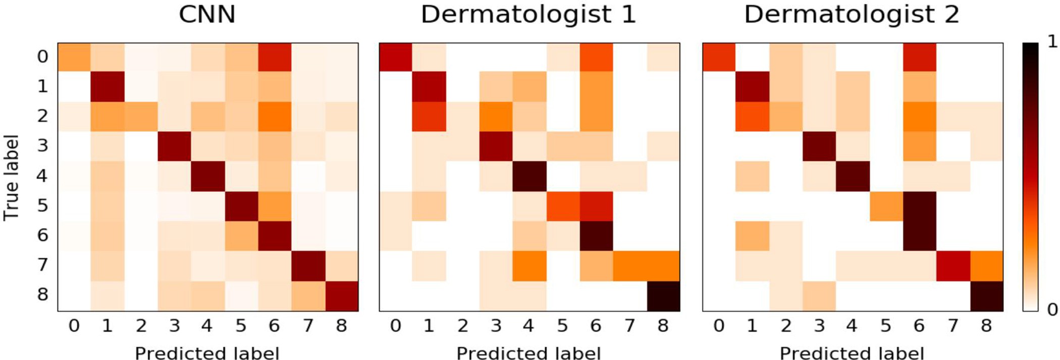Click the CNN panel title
click(207, 14)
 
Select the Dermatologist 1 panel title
click(528, 14)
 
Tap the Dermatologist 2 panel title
click(852, 14)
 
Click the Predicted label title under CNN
click(207, 353)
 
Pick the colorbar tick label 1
click(1052, 41)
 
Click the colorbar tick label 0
click(1052, 309)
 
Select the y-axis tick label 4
click(42, 176)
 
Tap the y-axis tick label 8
click(42, 294)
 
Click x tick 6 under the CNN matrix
click(274, 326)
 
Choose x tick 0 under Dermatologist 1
click(396, 326)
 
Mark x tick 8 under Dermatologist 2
click(986, 326)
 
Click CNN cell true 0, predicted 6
click(275, 58)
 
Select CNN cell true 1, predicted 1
click(108, 87)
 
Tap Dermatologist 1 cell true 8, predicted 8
click(663, 296)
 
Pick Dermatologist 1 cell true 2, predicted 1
click(429, 117)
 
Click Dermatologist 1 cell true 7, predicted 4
click(529, 266)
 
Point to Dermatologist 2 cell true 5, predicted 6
click(920, 207)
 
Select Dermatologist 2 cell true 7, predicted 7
click(953, 266)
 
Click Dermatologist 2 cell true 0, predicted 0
click(719, 58)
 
